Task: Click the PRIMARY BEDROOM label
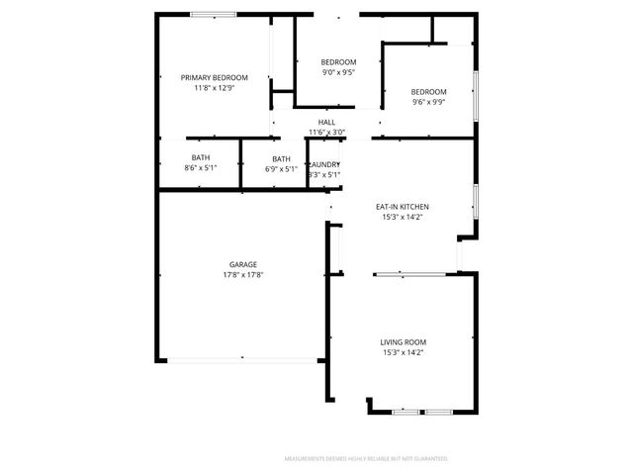(x=214, y=77)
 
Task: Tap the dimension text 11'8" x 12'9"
(x=214, y=88)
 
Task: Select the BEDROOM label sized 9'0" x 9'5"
(x=339, y=61)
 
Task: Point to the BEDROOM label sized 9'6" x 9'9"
(x=428, y=91)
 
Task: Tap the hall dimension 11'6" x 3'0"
(x=326, y=132)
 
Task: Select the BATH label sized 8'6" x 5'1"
(x=201, y=158)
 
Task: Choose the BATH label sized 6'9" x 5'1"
(x=282, y=158)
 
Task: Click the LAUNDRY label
(x=324, y=164)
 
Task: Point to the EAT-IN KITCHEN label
(x=402, y=206)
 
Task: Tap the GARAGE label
(x=243, y=264)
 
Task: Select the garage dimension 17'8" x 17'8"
(x=243, y=275)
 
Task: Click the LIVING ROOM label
(x=404, y=341)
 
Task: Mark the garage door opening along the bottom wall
(x=241, y=360)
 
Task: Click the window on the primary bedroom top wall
(x=213, y=14)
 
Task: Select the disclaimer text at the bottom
(x=366, y=459)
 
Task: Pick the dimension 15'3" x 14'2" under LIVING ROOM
(x=404, y=352)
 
